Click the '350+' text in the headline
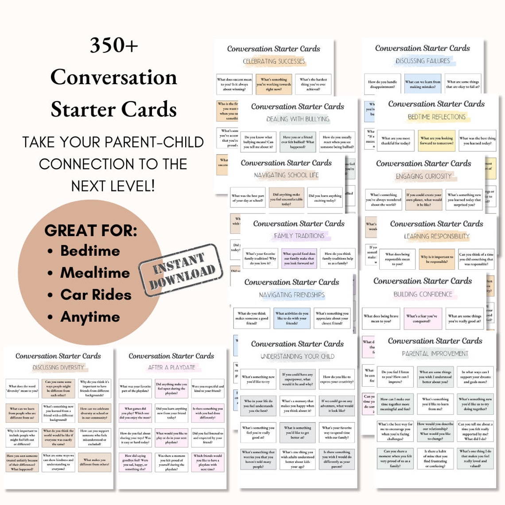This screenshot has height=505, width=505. (114, 45)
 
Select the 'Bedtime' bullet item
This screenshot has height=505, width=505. (90, 251)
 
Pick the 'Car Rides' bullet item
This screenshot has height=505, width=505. (96, 295)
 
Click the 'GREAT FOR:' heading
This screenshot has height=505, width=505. (91, 230)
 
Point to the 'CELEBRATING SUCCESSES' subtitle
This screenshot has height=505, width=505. (274, 62)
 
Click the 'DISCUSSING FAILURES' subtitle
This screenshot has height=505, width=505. (423, 61)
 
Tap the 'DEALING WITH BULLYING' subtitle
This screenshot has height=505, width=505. (298, 119)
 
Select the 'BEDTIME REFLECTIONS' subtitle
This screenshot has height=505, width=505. (437, 117)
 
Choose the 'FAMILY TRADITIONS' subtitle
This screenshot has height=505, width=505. (299, 236)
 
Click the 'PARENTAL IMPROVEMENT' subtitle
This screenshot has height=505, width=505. (435, 353)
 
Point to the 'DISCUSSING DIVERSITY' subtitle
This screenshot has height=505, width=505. (58, 367)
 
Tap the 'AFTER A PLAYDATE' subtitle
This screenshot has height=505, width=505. (171, 367)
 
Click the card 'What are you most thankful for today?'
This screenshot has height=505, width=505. (396, 141)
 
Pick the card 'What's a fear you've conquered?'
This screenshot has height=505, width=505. (422, 319)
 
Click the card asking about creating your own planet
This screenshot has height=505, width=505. (424, 200)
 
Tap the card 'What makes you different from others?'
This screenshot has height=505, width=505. (95, 462)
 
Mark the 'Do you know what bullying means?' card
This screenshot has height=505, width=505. (259, 142)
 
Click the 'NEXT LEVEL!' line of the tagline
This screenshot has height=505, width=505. (113, 186)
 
